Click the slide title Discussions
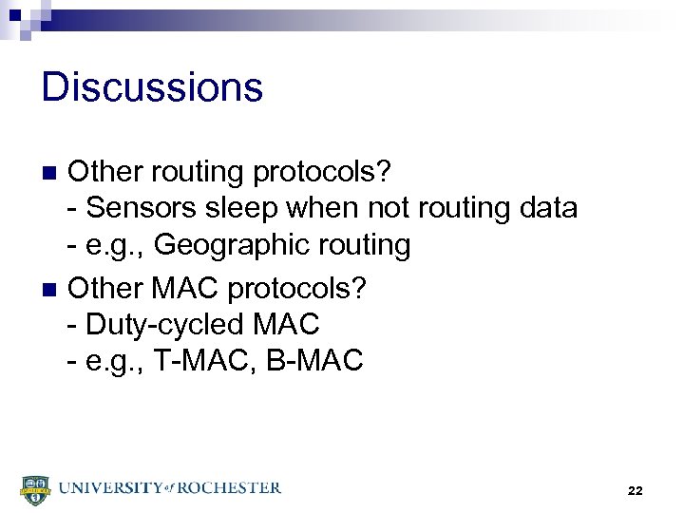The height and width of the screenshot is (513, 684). (x=152, y=87)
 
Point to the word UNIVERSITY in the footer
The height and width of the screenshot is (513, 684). (x=109, y=488)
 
